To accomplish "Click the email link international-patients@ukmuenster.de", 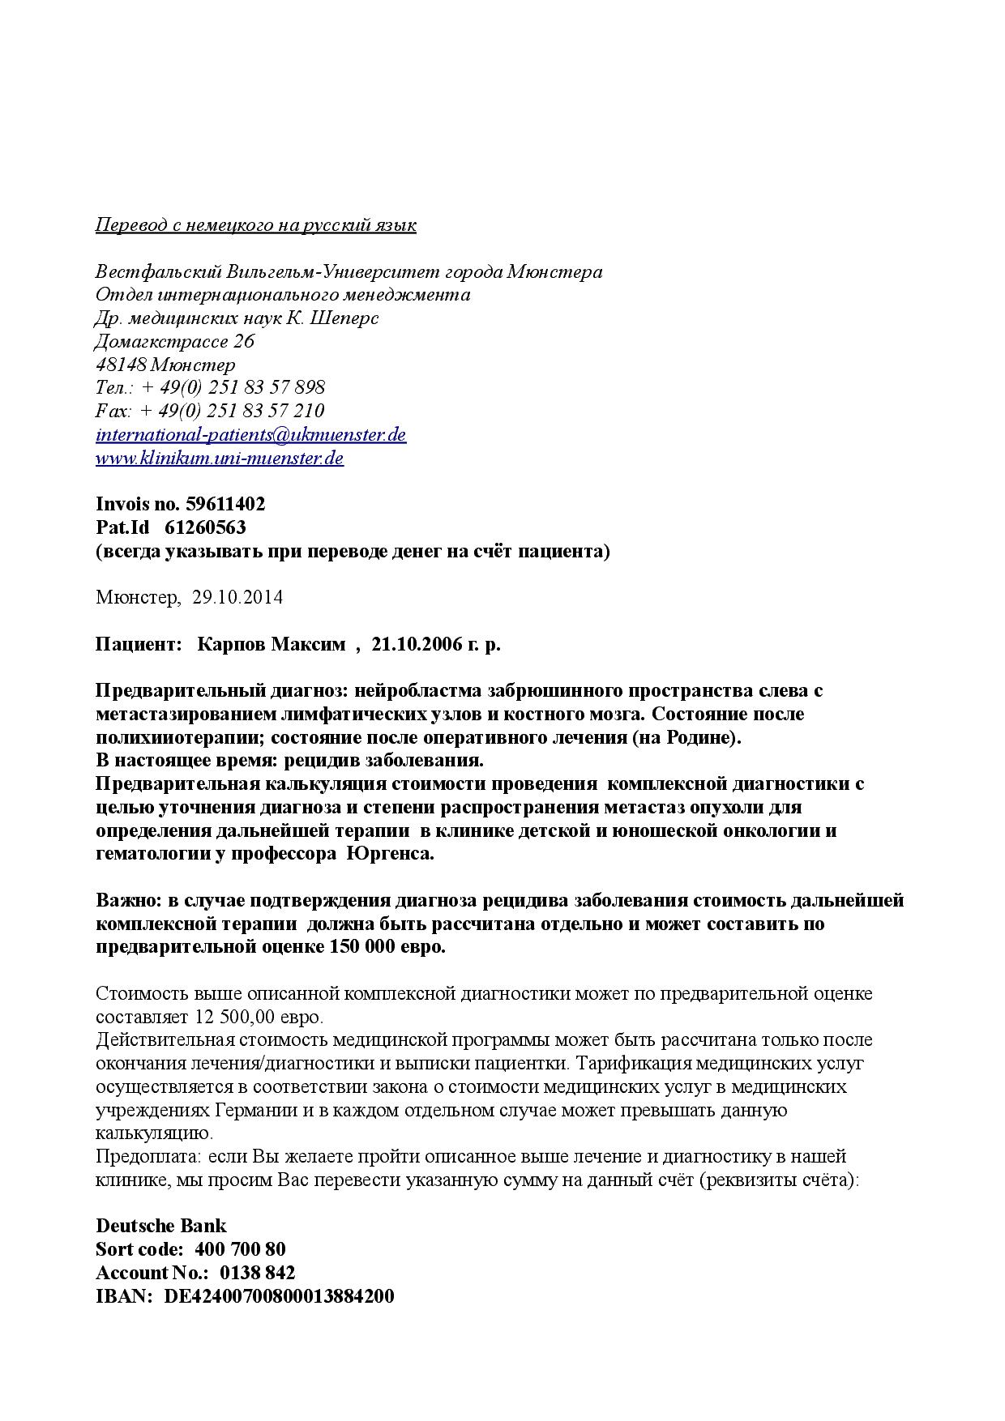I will pyautogui.click(x=250, y=434).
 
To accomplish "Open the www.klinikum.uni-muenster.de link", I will pyautogui.click(x=219, y=458).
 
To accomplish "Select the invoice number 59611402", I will pyautogui.click(x=225, y=504).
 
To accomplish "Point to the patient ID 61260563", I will pyautogui.click(x=205, y=527).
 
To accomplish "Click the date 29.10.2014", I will pyautogui.click(x=237, y=598).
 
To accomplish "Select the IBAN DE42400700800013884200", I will pyautogui.click(x=280, y=1295).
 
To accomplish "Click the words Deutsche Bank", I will pyautogui.click(x=161, y=1225).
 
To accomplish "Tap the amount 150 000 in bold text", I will pyautogui.click(x=361, y=946).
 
